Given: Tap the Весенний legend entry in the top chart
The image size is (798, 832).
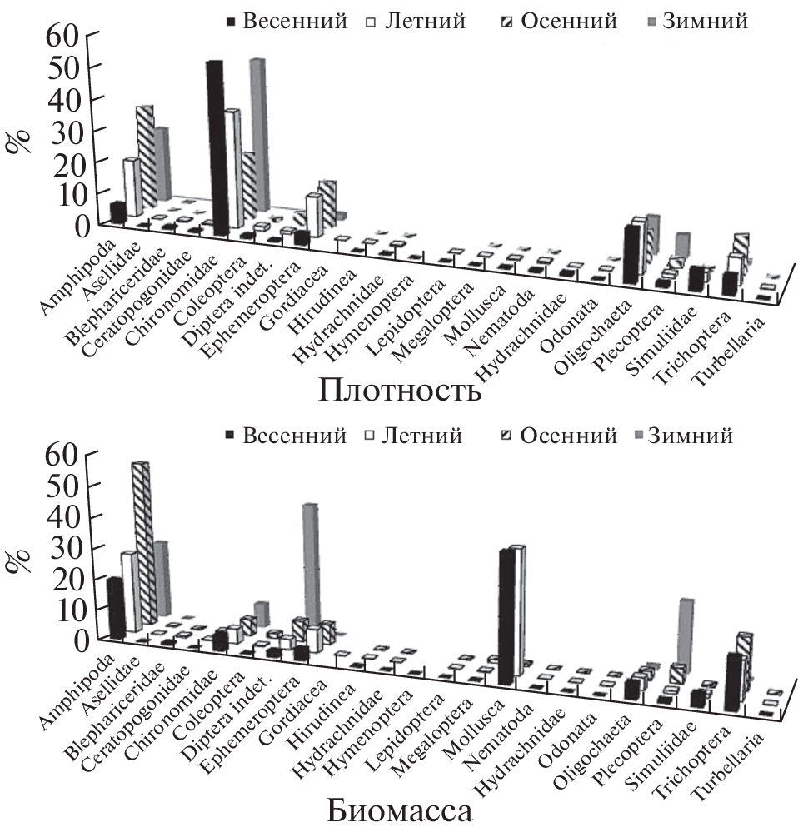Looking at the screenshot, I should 287,22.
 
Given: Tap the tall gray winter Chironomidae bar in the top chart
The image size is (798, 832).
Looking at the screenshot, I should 257,133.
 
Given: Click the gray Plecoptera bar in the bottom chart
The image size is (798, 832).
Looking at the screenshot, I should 686,633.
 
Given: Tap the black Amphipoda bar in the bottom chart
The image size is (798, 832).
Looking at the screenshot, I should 116,608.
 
